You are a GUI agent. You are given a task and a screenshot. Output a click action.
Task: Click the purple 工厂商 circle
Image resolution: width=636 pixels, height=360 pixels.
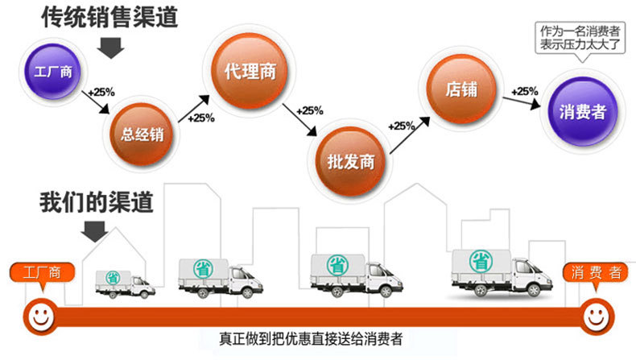coord(52,72)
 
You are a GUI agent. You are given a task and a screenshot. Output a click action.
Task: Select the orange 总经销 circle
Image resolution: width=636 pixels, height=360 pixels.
coord(142,134)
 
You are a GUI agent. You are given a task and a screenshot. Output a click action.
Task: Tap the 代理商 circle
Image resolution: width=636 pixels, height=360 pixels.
coord(250,71)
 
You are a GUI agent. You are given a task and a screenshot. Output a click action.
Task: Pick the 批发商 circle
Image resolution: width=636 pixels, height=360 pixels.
coord(350,162)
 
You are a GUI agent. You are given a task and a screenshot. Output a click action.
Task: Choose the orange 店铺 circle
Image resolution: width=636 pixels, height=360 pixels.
coord(461,89)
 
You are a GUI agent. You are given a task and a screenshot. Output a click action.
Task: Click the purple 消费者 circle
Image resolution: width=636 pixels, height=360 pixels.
coord(582,112)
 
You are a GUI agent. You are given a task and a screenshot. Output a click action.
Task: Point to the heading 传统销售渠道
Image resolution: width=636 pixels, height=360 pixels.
coord(110,18)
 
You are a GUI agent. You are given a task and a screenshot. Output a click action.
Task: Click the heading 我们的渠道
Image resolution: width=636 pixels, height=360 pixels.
coord(96,202)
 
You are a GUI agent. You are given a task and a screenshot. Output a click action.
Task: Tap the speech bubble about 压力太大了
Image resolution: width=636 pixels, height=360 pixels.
coord(580,38)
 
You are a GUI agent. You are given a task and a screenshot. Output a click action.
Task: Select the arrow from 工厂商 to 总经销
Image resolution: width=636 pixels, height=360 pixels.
coord(96,102)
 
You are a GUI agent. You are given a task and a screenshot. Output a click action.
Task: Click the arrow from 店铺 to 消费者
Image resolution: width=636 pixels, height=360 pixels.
coord(522,102)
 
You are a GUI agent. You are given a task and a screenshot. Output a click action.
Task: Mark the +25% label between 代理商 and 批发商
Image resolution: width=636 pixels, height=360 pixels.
coord(310,110)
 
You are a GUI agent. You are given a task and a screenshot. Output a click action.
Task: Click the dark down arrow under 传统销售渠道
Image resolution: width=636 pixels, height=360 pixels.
coord(110,48)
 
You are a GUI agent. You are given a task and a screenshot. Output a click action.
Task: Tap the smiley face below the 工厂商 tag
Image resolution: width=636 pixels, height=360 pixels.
coord(40,317)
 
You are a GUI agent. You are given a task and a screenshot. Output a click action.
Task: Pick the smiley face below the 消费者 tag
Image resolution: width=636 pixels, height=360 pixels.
coord(596,317)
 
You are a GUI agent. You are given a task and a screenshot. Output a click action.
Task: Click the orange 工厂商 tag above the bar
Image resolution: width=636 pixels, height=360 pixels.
coord(42,273)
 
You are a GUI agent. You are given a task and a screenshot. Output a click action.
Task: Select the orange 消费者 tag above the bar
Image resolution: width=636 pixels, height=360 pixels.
coord(596,273)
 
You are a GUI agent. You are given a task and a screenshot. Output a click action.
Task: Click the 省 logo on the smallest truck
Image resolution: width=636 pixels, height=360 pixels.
coord(113,278)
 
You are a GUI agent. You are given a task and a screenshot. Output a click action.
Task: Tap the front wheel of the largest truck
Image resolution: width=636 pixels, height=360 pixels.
coord(534,290)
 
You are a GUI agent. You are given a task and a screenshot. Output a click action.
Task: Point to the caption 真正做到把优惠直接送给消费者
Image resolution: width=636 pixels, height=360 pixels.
coord(311,339)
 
